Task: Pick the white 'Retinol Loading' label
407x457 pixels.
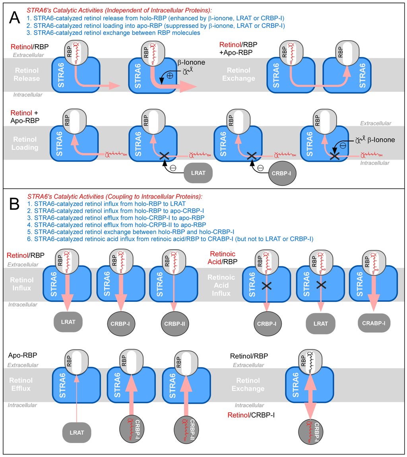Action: click(x=26, y=143)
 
